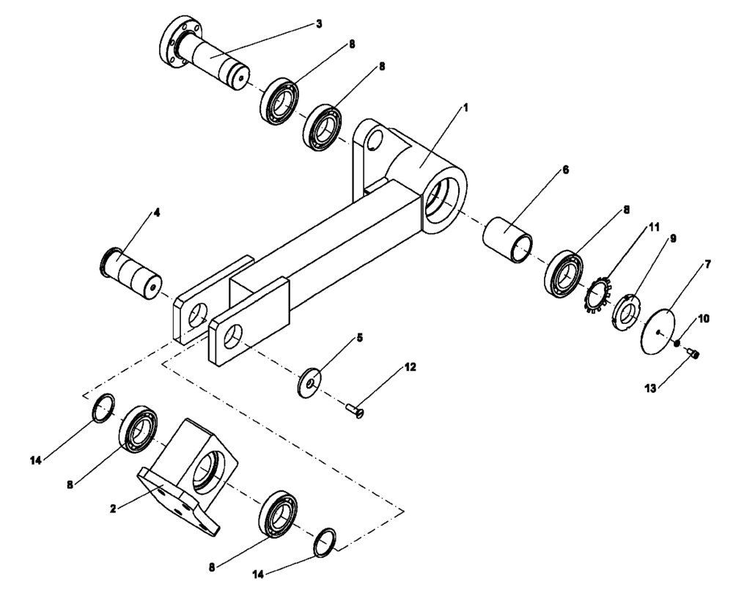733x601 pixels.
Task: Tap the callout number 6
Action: pyautogui.click(x=566, y=169)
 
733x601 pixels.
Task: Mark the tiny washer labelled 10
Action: pyautogui.click(x=679, y=342)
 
